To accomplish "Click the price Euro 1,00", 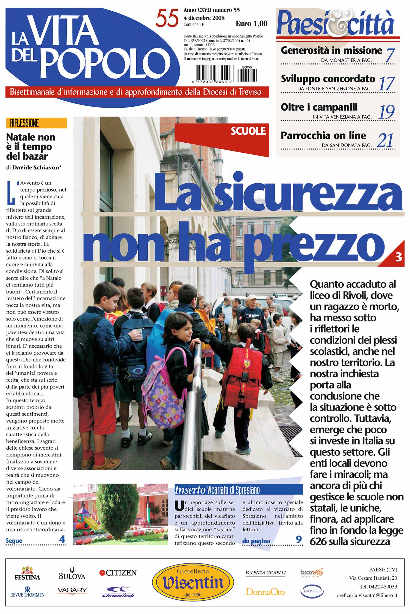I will pos(251,24).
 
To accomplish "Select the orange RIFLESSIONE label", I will pos(36,123).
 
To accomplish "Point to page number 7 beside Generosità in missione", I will pos(390,55).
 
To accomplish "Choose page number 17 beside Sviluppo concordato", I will pos(387,84).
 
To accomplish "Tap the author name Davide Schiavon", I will pos(36,167).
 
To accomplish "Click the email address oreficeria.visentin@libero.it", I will pos(367,595).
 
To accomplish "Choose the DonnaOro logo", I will pos(265,592).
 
